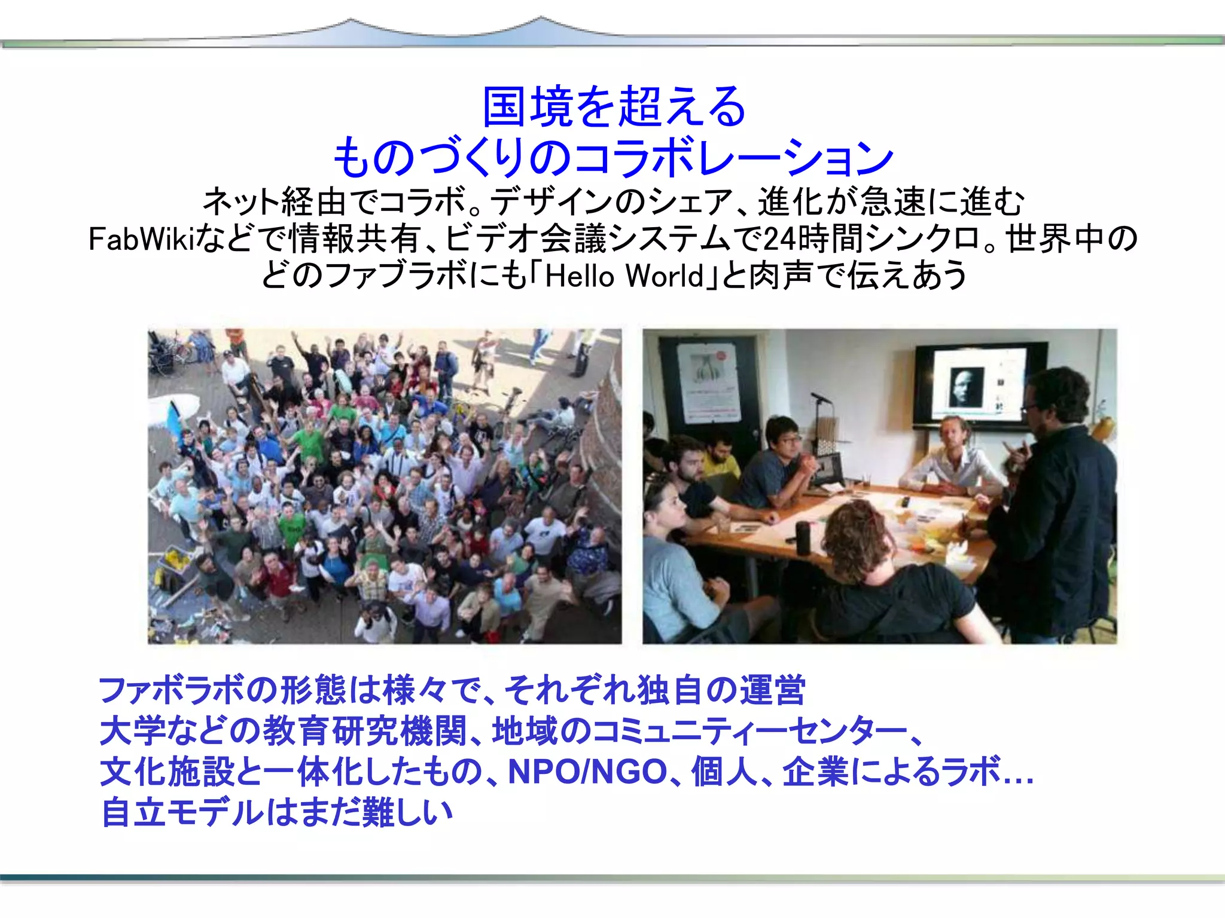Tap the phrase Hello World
point(624,276)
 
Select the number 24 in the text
point(780,240)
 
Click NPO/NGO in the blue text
point(587,772)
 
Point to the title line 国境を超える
point(614,107)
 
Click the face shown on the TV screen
point(965,387)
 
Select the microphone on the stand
point(820,397)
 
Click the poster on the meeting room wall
point(709,382)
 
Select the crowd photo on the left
point(385,486)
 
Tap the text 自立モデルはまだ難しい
point(277,812)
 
